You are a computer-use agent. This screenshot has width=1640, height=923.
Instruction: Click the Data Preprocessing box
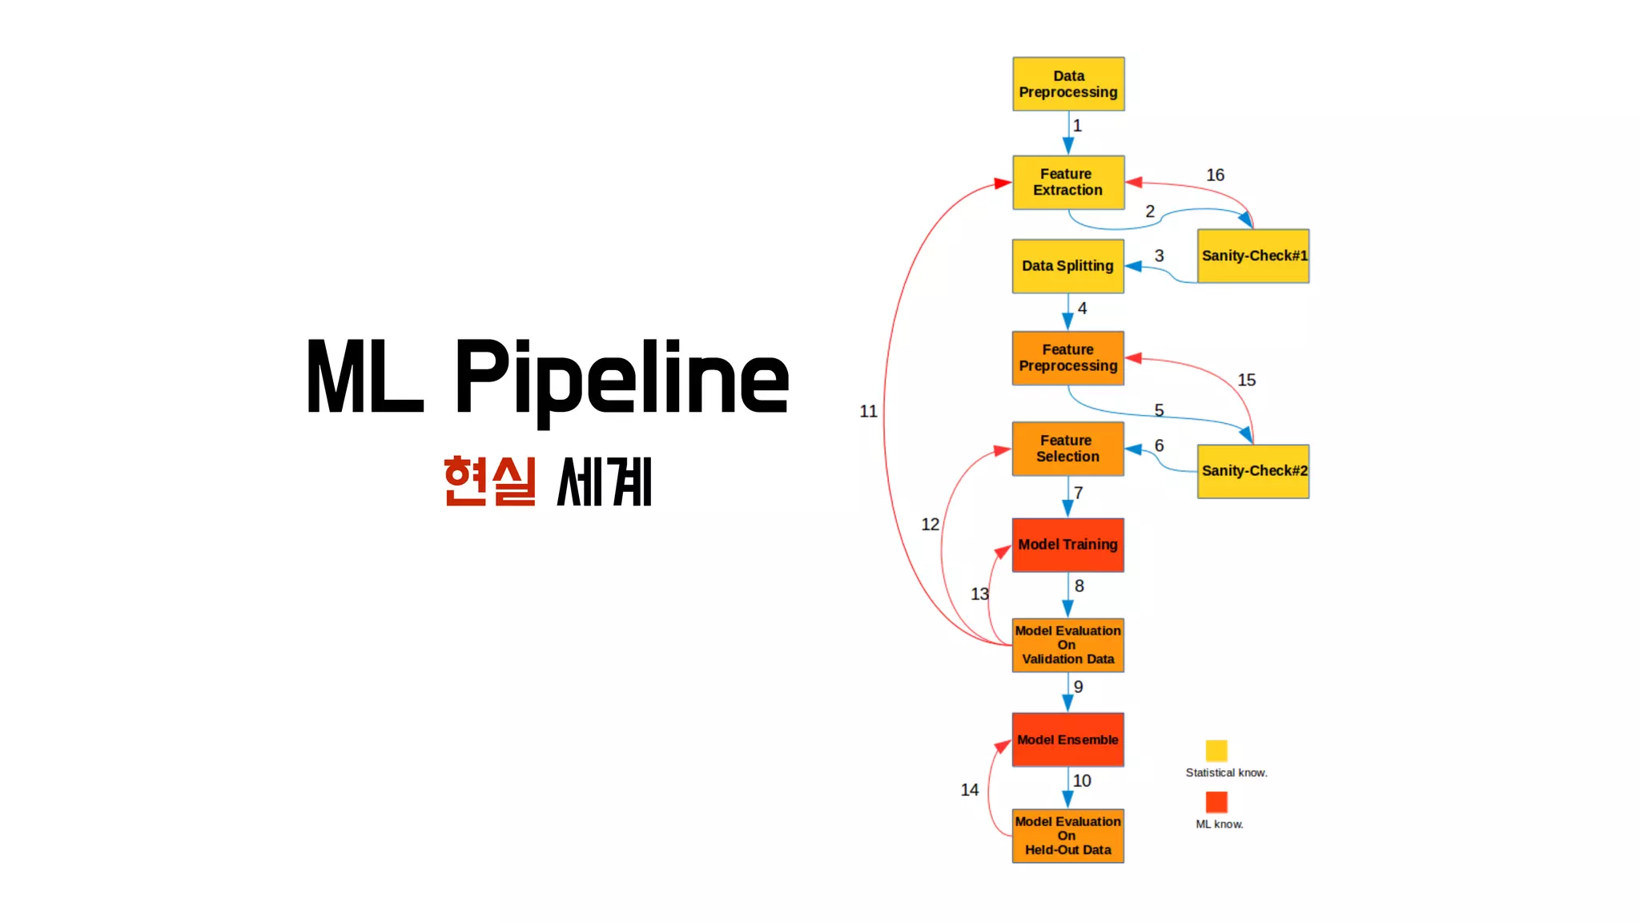coord(1068,84)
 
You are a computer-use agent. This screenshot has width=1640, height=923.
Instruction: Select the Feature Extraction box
coord(1068,183)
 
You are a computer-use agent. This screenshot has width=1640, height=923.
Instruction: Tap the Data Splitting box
coord(1068,266)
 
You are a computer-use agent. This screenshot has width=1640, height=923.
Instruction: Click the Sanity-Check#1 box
coord(1253,256)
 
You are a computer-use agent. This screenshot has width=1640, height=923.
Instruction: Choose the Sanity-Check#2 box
coord(1253,471)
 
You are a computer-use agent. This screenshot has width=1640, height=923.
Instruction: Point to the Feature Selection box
coord(1068,449)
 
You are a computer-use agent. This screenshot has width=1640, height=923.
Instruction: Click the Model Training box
coord(1068,545)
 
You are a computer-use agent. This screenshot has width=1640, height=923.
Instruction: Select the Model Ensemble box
coord(1068,740)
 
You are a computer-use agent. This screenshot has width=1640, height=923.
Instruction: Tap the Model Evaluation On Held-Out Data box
coord(1068,836)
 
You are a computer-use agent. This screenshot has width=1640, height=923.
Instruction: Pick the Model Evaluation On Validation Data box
coord(1068,645)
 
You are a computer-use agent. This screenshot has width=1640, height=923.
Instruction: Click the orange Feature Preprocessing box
coord(1068,358)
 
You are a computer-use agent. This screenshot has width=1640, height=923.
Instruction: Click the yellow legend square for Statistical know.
coord(1216,751)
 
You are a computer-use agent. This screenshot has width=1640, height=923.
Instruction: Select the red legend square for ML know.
coord(1216,802)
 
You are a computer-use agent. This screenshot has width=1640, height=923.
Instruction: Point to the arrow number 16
coord(1215,175)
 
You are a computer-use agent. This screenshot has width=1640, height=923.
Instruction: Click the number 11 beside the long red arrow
coord(869,411)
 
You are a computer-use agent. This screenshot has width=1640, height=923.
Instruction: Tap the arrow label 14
coord(970,790)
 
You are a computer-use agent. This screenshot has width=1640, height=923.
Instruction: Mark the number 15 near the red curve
coord(1247,380)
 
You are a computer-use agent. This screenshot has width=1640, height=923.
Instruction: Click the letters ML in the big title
coord(365,377)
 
